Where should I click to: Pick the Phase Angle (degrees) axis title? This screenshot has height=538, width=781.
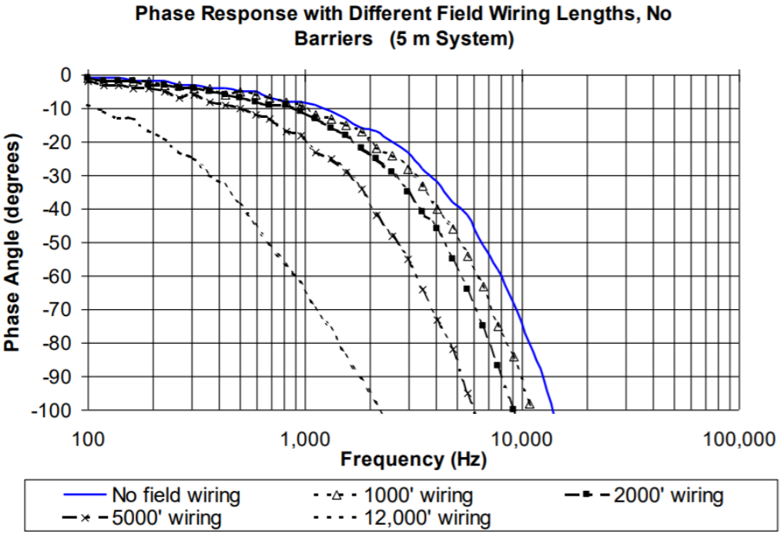pyautogui.click(x=13, y=244)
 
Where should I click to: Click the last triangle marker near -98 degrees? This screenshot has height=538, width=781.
pyautogui.click(x=529, y=404)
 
